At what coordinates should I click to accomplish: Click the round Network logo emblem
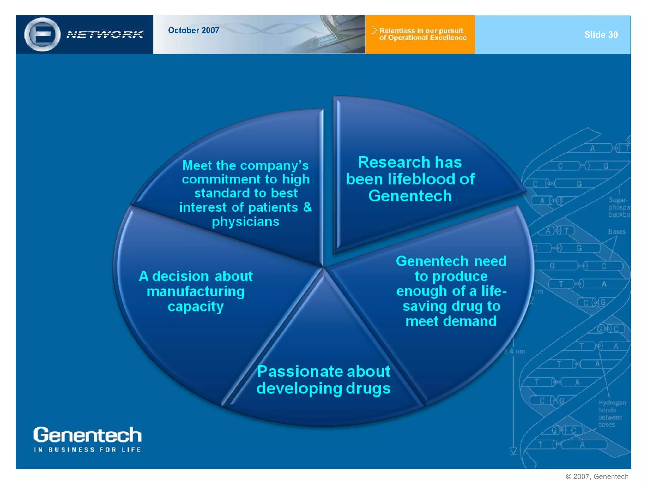tap(42, 34)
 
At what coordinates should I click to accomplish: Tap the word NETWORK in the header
tap(105, 34)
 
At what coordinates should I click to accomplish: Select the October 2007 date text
tap(193, 30)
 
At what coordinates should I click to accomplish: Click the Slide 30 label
tap(601, 35)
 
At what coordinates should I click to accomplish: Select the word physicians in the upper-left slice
tap(245, 222)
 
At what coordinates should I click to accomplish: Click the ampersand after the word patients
tap(307, 207)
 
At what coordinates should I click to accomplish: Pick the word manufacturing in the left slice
tap(196, 291)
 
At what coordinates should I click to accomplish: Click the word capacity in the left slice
tap(196, 307)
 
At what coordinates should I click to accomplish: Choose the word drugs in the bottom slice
tap(368, 388)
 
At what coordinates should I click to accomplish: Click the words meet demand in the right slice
tap(451, 321)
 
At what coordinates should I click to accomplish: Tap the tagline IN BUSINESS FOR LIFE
tap(88, 450)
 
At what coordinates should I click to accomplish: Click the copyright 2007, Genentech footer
tap(597, 476)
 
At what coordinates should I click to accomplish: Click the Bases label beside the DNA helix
tap(617, 232)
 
